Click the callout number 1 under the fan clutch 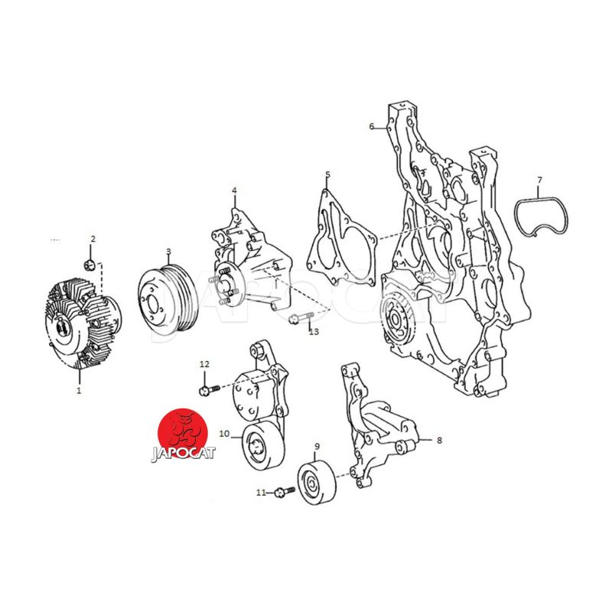[x=79, y=390]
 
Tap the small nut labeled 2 [x=90, y=265]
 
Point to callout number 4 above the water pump [x=234, y=190]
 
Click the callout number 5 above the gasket [x=327, y=174]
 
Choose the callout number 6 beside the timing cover [x=372, y=126]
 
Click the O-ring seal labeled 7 [x=541, y=217]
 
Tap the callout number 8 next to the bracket [x=439, y=441]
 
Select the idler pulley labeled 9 [x=317, y=483]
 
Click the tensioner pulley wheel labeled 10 [x=264, y=447]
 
